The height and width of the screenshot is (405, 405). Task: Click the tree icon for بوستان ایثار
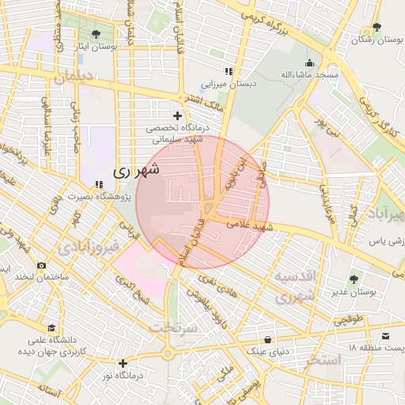(96, 34)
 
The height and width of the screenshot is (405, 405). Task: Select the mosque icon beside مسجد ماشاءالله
(308, 62)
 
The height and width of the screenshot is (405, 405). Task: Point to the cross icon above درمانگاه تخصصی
(178, 115)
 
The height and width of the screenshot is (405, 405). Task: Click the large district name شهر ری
(135, 169)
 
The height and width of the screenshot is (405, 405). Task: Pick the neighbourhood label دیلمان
(74, 78)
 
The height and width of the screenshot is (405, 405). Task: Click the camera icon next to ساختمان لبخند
(41, 266)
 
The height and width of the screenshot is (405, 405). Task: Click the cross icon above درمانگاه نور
(123, 364)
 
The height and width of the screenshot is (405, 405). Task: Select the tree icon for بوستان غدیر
(353, 279)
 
